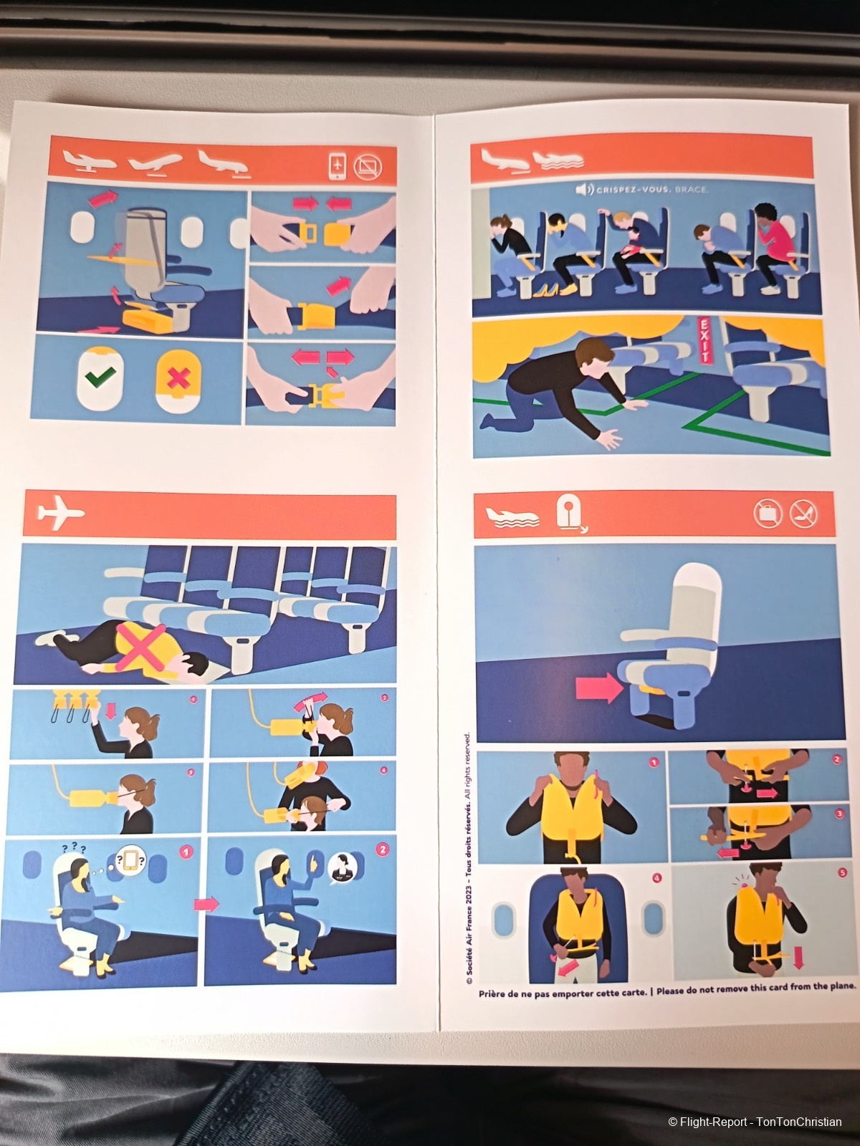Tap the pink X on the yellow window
pyautogui.click(x=179, y=377)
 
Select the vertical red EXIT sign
pyautogui.click(x=702, y=340)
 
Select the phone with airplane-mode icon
pyautogui.click(x=338, y=166)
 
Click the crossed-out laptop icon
pyautogui.click(x=368, y=167)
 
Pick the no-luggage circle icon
pyautogui.click(x=768, y=514)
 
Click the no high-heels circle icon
pyautogui.click(x=803, y=514)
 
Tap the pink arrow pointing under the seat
pyautogui.click(x=599, y=689)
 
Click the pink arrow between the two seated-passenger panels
pyautogui.click(x=206, y=905)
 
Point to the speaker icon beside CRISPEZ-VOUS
pyautogui.click(x=584, y=190)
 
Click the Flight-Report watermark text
pyautogui.click(x=755, y=1122)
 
